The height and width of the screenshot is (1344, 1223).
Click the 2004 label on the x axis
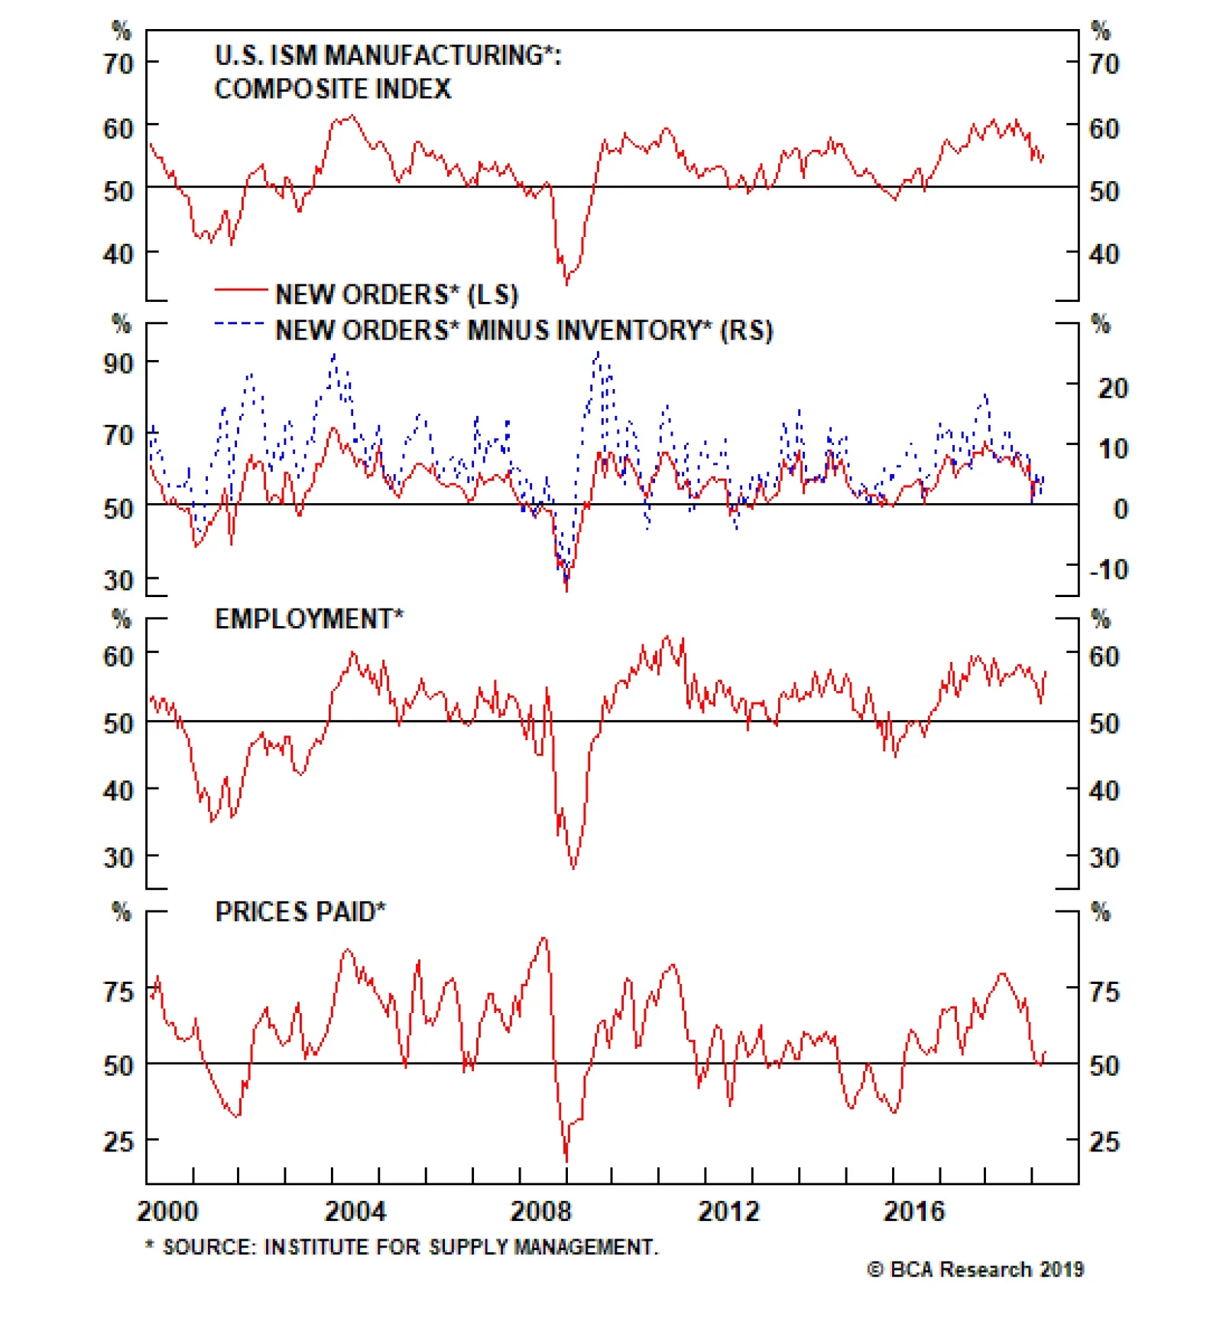355,1211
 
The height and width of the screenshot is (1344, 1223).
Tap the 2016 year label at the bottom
913,1211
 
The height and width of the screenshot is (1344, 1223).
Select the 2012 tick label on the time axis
728,1211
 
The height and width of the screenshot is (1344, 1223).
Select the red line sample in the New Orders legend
239,291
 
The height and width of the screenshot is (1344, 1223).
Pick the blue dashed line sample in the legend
239,324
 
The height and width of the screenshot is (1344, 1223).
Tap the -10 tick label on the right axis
1108,570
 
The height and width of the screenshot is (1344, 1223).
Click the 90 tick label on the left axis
118,363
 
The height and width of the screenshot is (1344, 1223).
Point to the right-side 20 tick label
1112,388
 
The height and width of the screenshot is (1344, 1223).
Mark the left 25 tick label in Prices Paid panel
118,1141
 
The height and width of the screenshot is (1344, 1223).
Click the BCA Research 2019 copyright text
975,1269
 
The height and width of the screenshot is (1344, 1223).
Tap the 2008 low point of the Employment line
573,868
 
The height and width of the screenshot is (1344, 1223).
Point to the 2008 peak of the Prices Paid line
544,938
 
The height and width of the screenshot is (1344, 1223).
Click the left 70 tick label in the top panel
118,63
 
